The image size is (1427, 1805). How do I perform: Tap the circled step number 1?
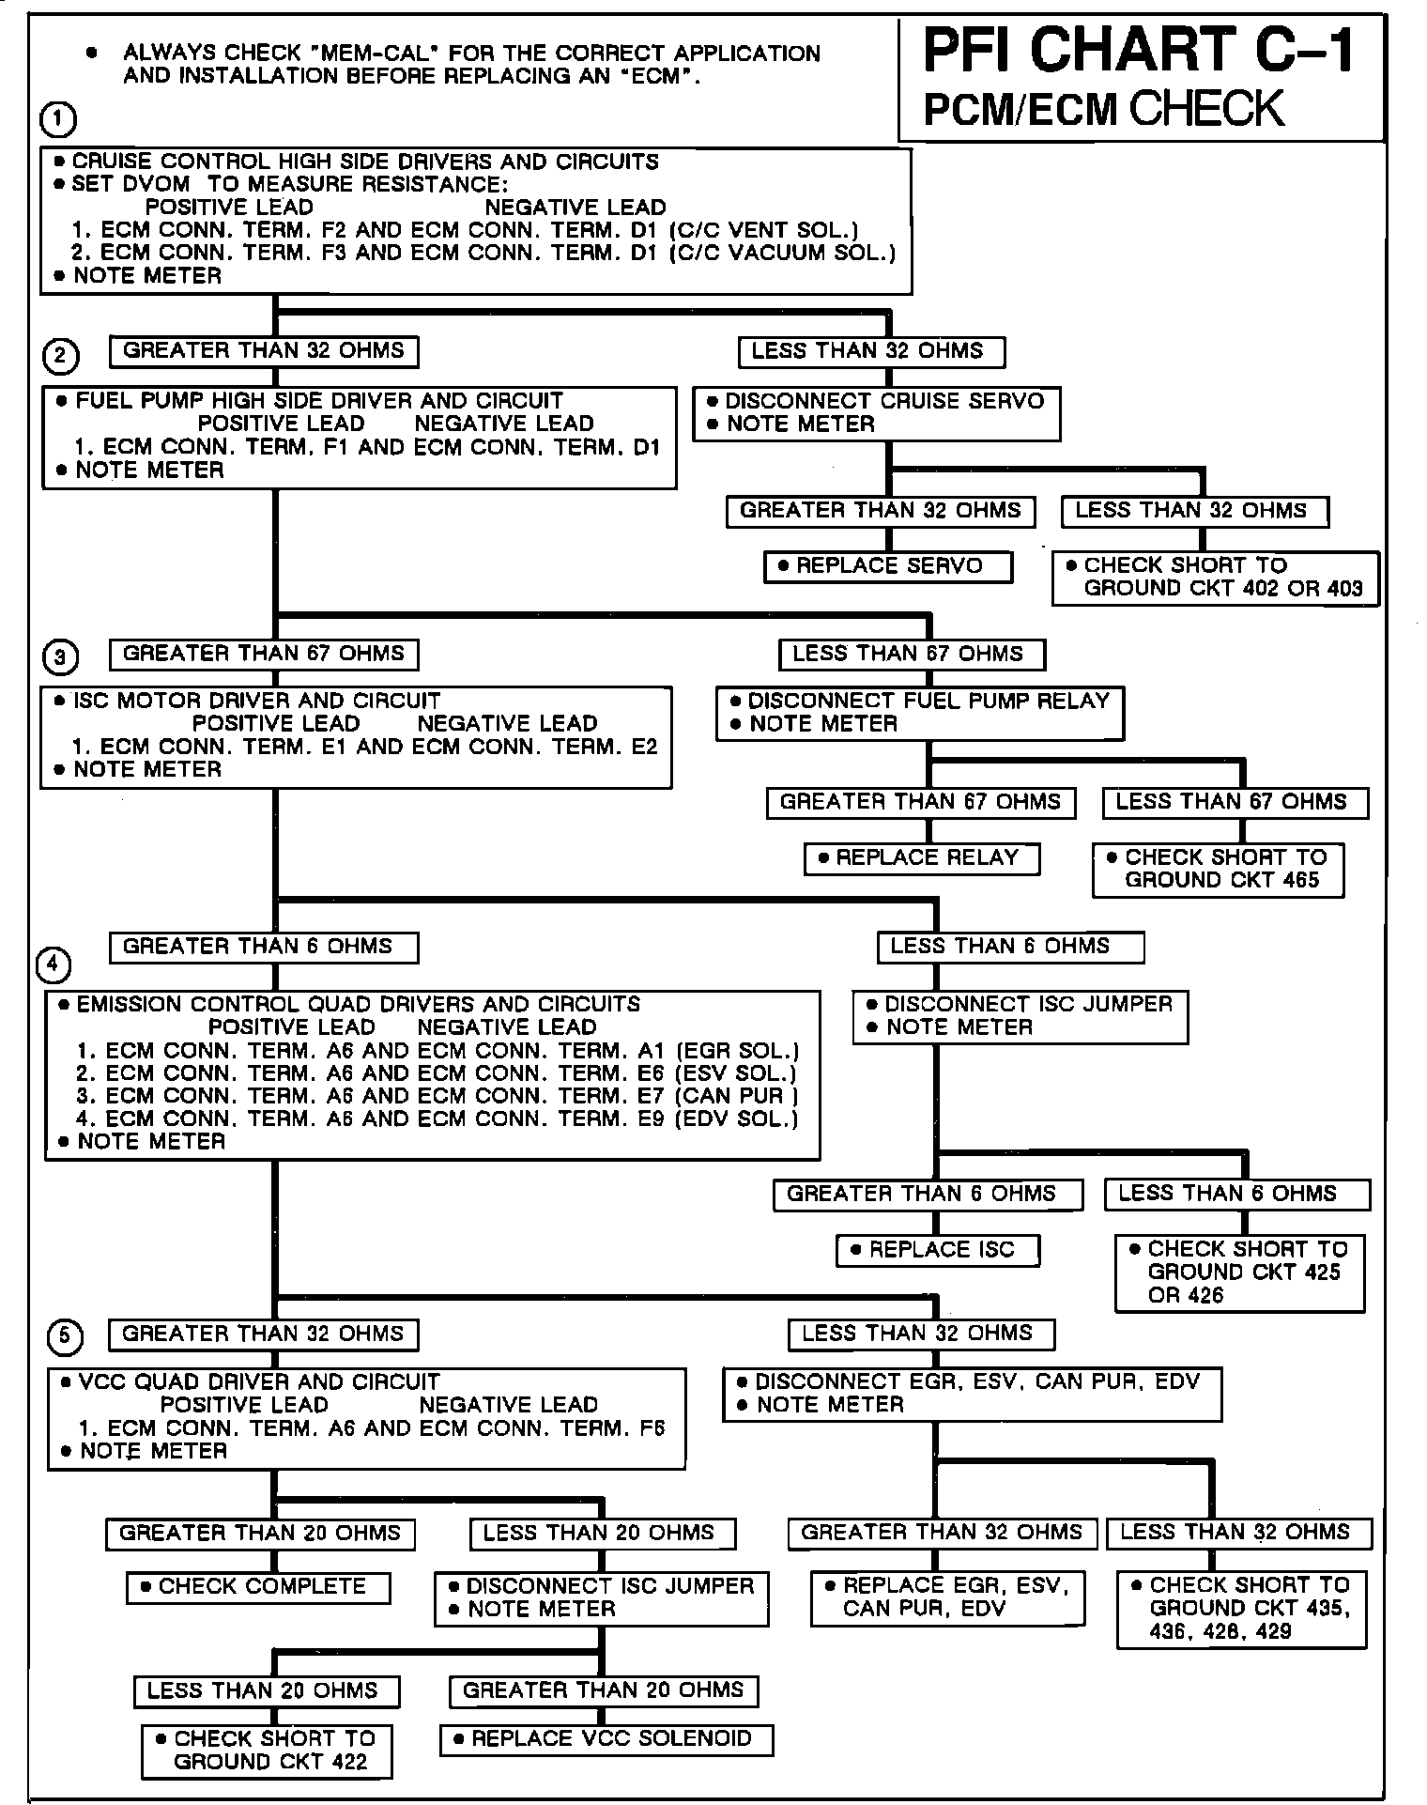(58, 120)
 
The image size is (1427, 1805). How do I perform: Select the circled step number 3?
(61, 656)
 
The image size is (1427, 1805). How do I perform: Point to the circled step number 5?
(65, 1337)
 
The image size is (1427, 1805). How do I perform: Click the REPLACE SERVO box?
(888, 566)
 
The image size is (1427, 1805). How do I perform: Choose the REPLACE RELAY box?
(922, 858)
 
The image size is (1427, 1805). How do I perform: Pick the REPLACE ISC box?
(938, 1250)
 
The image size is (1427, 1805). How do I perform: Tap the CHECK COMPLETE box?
(258, 1587)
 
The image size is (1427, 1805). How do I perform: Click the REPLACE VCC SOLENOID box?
(606, 1739)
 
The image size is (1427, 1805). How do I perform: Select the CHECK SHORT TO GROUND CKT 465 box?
(1218, 870)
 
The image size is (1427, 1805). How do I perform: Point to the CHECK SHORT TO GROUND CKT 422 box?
(267, 1751)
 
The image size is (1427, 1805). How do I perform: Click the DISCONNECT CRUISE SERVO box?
(877, 413)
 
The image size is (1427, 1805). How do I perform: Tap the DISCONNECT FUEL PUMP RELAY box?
(920, 713)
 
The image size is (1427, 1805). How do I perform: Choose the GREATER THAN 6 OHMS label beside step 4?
(263, 947)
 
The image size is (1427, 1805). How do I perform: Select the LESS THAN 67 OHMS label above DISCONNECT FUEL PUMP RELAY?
(911, 654)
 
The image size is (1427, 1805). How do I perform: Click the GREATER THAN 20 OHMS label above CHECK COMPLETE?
(260, 1534)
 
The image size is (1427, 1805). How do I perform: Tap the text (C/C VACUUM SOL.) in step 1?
(783, 253)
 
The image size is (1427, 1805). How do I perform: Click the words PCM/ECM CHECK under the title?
(1103, 109)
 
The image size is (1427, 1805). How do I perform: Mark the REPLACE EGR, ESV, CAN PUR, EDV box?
(947, 1597)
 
